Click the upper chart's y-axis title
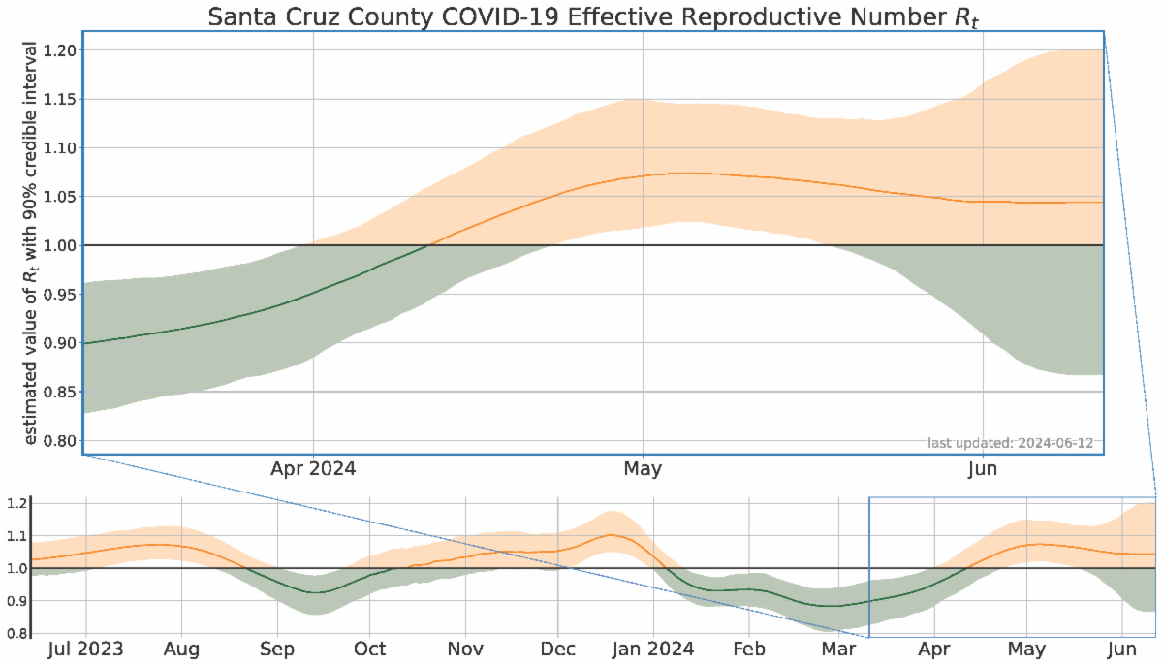point(31,243)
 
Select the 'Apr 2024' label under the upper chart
point(313,469)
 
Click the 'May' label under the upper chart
point(643,469)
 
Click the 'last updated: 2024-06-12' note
point(1010,443)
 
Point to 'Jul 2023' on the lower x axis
point(86,649)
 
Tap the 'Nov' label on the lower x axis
point(465,649)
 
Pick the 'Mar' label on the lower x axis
point(838,649)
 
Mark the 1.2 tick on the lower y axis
point(16,504)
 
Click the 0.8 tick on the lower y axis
point(16,634)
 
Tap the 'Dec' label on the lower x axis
point(558,649)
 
